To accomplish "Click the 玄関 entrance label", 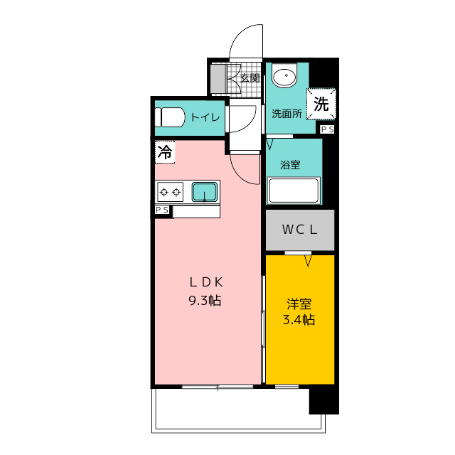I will click(249, 77).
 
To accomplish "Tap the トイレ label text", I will click(204, 117).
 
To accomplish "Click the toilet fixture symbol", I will click(170, 117).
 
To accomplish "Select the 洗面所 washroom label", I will click(287, 113).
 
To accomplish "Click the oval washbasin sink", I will click(285, 77).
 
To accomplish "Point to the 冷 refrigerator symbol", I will click(164, 151).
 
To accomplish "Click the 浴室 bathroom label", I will click(290, 164).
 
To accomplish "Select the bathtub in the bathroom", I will click(294, 191).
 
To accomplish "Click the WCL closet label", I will click(299, 230).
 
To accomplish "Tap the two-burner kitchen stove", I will click(171, 191).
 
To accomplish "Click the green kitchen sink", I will click(205, 191).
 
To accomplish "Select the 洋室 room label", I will click(299, 301).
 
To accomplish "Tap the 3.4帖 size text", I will click(299, 320).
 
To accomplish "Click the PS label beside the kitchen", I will click(163, 210).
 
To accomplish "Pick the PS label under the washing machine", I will click(327, 129).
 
